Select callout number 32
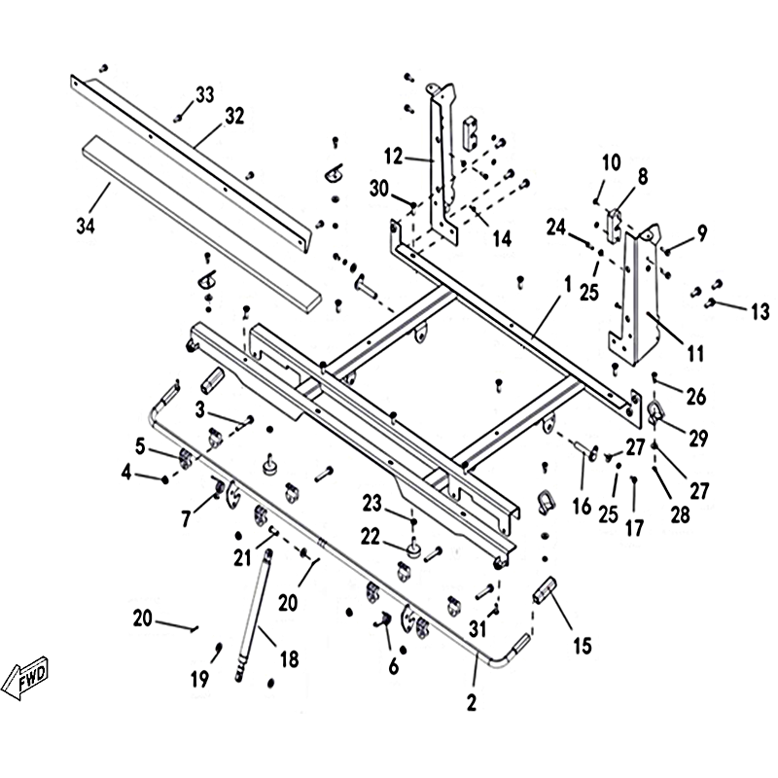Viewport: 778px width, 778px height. click(x=234, y=116)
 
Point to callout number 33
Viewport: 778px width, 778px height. click(x=204, y=94)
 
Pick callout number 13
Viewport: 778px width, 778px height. click(x=760, y=312)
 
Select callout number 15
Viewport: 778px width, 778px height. click(x=582, y=644)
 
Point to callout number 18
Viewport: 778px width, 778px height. click(x=290, y=661)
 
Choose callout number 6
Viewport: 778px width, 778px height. click(x=393, y=666)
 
